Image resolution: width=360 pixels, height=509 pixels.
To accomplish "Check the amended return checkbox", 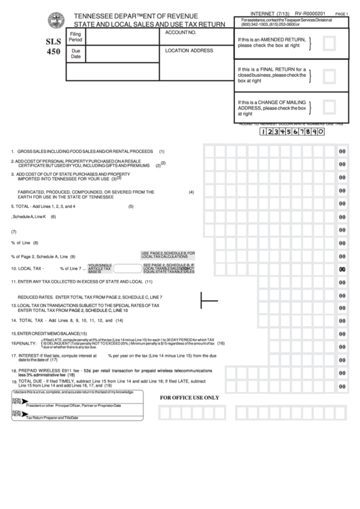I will pos(329,45).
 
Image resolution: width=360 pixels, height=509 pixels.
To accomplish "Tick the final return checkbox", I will pos(329,77).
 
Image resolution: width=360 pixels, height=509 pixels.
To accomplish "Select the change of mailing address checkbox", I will pos(329,107).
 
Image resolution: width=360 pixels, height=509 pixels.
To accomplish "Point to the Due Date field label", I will pos(75,54).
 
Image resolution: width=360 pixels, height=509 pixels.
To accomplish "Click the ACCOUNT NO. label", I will pos(180,33).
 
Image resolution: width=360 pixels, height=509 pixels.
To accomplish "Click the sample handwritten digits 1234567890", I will pos(293,131).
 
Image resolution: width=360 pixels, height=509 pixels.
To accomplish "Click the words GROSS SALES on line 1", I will pos(34,151).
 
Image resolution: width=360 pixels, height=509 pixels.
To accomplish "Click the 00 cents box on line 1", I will pos(342,151).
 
